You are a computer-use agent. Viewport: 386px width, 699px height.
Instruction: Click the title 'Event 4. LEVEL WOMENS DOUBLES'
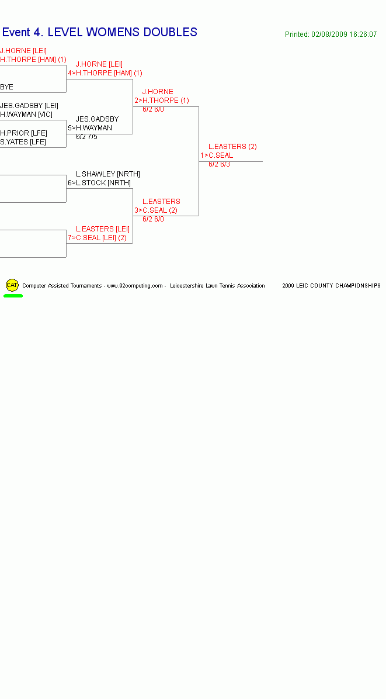click(x=100, y=32)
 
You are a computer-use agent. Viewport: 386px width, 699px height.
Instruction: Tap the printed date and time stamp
click(x=331, y=34)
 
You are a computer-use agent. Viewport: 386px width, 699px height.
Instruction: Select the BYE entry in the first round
click(x=6, y=87)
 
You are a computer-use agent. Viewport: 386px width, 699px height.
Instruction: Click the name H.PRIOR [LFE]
click(x=23, y=133)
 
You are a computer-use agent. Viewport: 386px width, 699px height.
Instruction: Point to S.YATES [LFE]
click(x=23, y=142)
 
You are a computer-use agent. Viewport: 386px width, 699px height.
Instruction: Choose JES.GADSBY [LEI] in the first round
click(x=29, y=106)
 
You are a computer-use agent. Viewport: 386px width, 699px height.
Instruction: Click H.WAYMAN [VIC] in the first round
click(x=26, y=115)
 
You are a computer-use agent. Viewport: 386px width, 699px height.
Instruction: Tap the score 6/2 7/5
click(x=86, y=137)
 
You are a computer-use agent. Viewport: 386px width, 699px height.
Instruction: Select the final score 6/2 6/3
click(x=219, y=164)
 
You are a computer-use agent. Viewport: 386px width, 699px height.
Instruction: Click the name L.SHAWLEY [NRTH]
click(x=108, y=174)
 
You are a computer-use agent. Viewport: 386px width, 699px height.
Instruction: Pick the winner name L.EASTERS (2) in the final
click(x=232, y=147)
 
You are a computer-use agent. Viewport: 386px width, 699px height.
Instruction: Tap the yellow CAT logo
click(x=12, y=285)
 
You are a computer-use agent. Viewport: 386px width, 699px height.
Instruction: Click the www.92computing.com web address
click(x=135, y=286)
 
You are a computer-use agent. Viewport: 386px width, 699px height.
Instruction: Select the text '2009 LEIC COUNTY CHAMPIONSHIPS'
click(x=331, y=286)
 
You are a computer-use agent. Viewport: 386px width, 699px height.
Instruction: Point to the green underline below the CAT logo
click(x=13, y=296)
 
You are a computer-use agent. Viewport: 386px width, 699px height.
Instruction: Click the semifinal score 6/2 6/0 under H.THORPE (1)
click(x=153, y=109)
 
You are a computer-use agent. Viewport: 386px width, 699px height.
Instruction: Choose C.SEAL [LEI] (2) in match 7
click(x=101, y=238)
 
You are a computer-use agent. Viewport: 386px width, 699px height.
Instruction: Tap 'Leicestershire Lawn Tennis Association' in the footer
click(x=217, y=286)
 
